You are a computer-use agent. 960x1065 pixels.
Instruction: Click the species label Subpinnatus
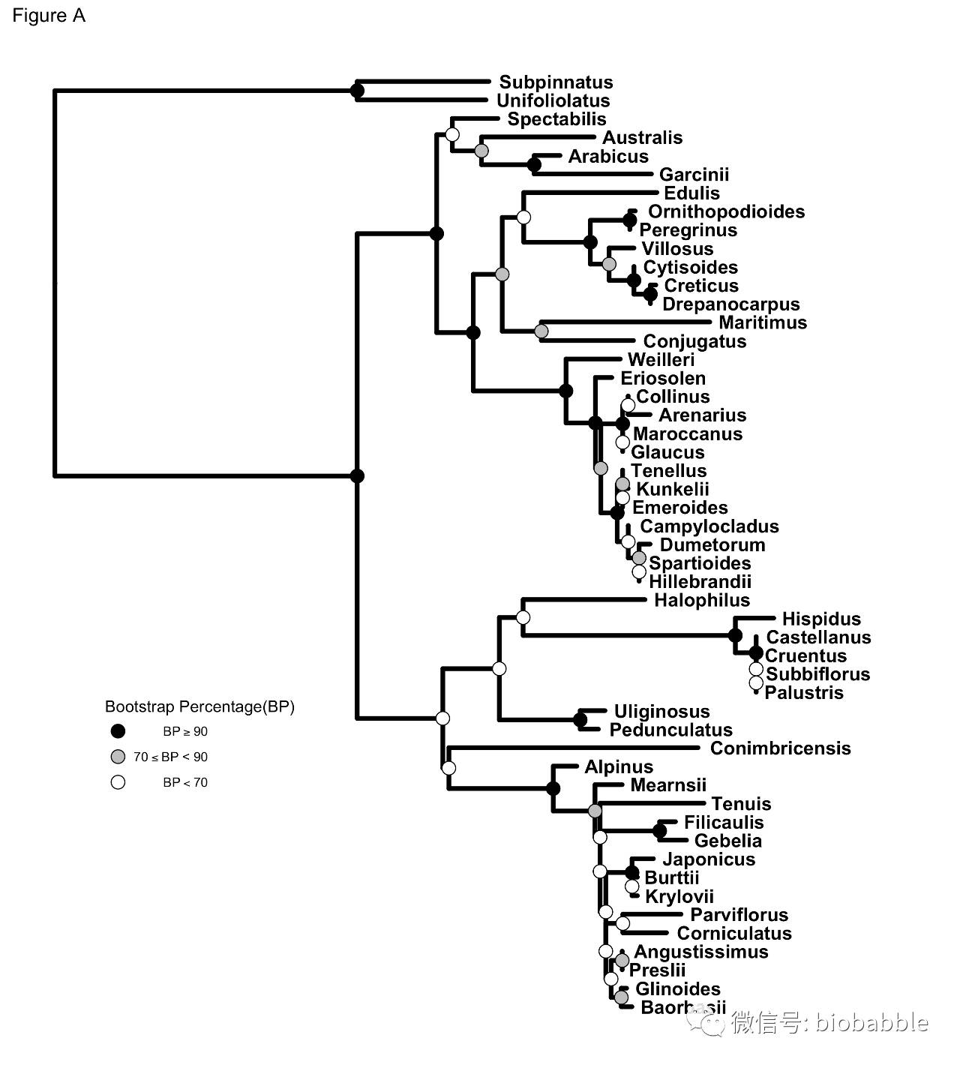pyautogui.click(x=556, y=82)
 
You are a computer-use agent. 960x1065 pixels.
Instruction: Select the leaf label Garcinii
pyautogui.click(x=694, y=175)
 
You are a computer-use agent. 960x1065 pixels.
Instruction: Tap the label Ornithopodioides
pyautogui.click(x=726, y=211)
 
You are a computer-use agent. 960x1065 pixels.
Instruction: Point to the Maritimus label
pyautogui.click(x=763, y=322)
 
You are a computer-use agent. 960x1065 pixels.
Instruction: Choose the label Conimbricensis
pyautogui.click(x=780, y=748)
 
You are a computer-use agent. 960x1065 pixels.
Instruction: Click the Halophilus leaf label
pyautogui.click(x=701, y=600)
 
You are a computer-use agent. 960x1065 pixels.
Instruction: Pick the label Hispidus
pyautogui.click(x=821, y=619)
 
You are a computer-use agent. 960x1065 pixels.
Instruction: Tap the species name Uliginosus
pyautogui.click(x=661, y=711)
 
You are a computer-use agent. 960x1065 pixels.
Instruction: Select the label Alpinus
pyautogui.click(x=619, y=766)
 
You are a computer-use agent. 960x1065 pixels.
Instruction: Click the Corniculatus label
pyautogui.click(x=734, y=933)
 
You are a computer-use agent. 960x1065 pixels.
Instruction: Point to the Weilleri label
pyautogui.click(x=661, y=360)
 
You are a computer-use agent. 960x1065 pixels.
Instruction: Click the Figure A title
pyautogui.click(x=49, y=16)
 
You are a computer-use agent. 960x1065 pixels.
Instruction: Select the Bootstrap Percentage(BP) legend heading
pyautogui.click(x=199, y=706)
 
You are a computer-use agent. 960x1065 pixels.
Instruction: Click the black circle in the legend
pyautogui.click(x=118, y=731)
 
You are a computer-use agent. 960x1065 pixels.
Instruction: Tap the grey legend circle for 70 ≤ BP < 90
pyautogui.click(x=118, y=757)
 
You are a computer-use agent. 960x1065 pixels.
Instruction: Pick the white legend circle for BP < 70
pyautogui.click(x=118, y=782)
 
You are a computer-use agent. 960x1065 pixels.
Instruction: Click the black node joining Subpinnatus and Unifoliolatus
pyautogui.click(x=358, y=91)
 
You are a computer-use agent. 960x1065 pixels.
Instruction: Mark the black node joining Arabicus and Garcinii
pyautogui.click(x=534, y=164)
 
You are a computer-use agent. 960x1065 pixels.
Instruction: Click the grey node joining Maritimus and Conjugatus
pyautogui.click(x=541, y=331)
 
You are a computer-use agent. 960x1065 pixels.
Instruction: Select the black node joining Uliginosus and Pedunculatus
pyautogui.click(x=580, y=720)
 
